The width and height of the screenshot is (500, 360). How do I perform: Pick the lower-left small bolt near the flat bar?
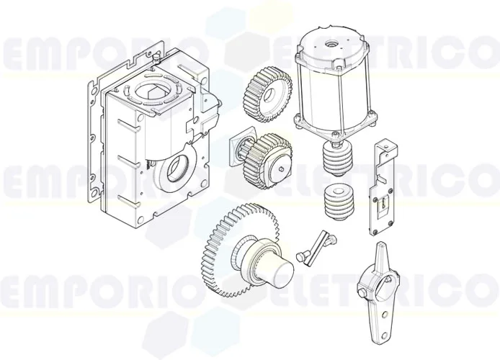[300, 256]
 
